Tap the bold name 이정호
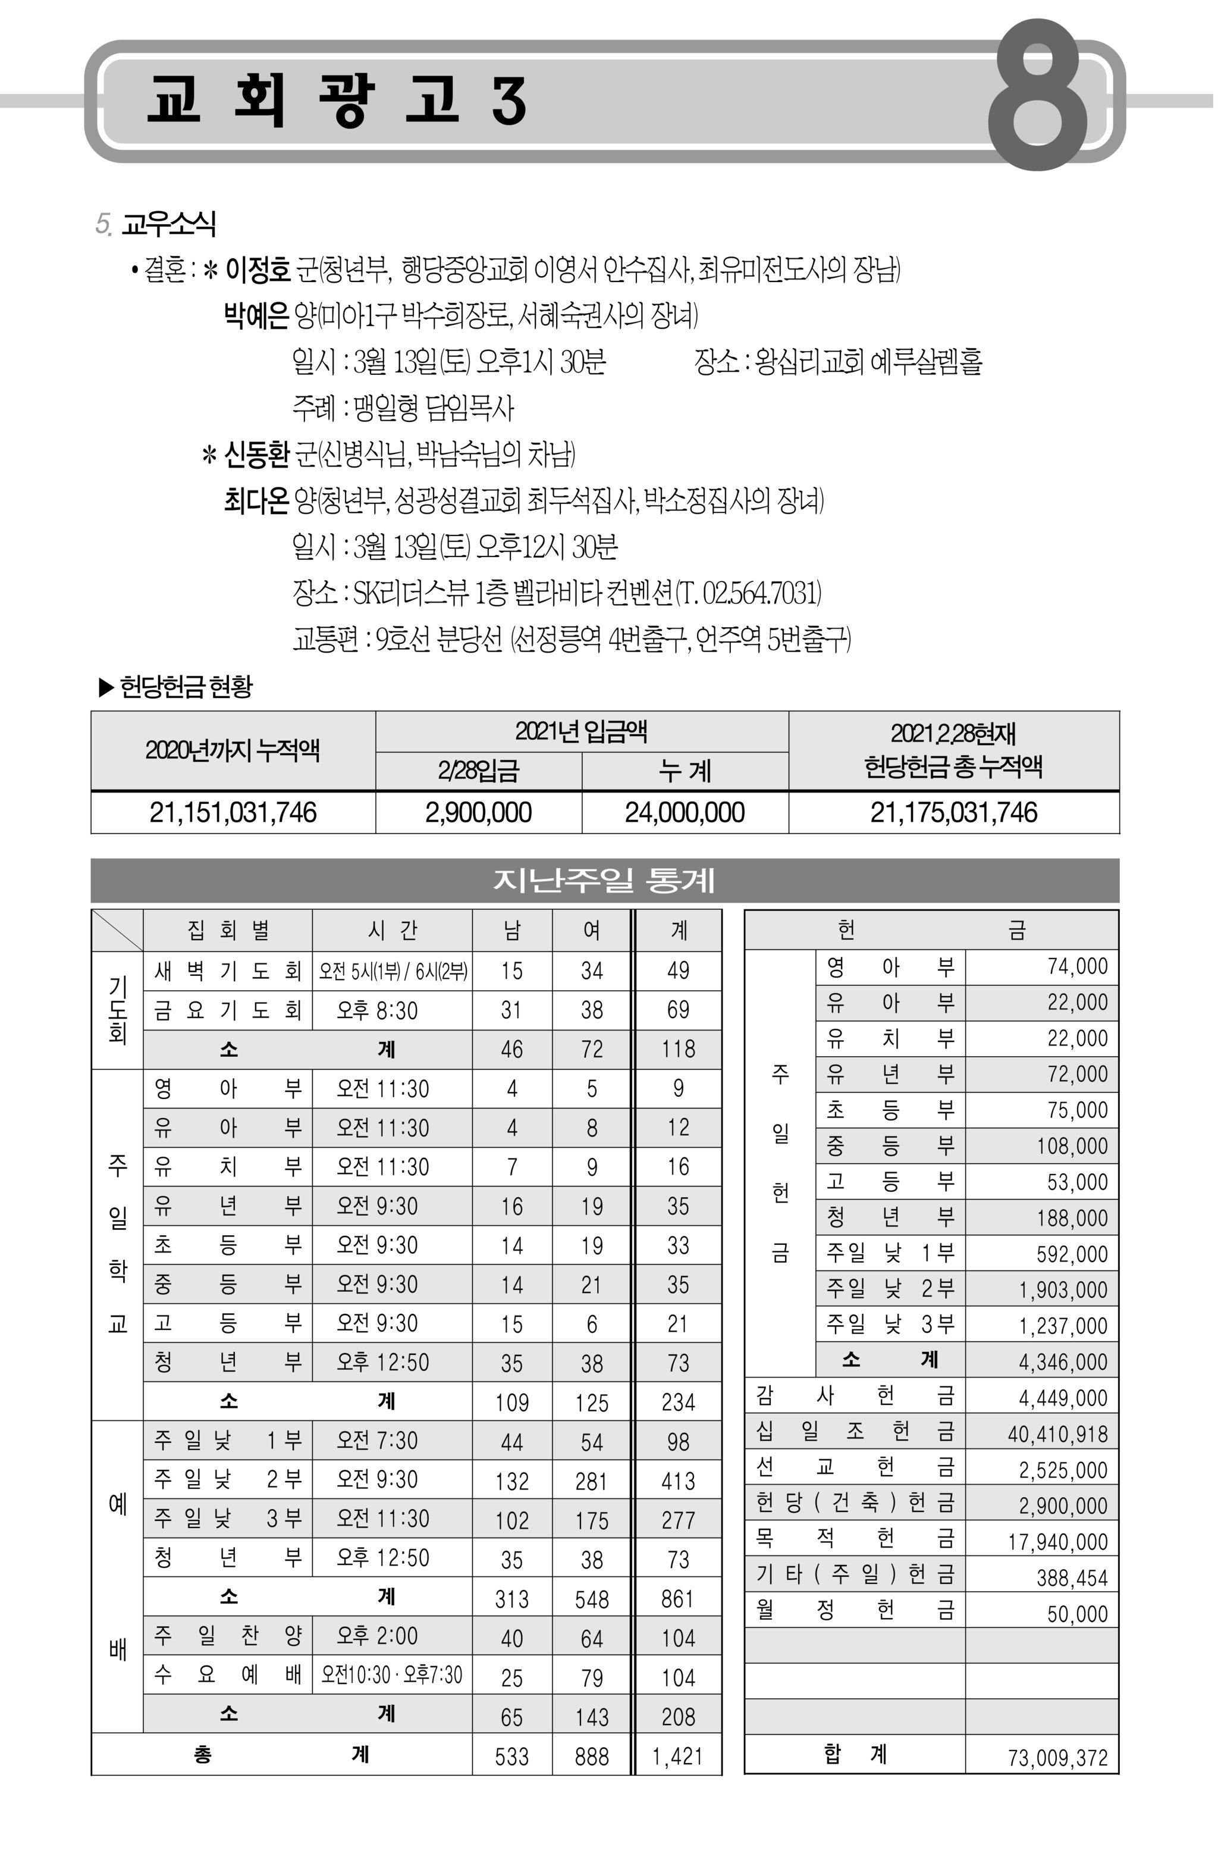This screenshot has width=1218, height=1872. (257, 271)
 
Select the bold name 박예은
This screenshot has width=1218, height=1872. (256, 316)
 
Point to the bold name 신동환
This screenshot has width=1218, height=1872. (257, 454)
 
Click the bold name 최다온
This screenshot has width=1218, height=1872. (256, 500)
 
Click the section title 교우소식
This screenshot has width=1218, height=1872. (168, 224)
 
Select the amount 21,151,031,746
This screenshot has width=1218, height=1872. (233, 812)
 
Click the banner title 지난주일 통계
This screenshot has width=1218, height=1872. (604, 880)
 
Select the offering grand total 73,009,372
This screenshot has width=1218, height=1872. (1057, 1758)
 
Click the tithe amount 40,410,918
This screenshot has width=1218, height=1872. (1057, 1434)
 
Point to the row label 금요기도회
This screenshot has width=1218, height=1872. (228, 1010)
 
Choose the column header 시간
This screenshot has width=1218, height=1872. (391, 931)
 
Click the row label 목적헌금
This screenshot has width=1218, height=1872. (855, 1539)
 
